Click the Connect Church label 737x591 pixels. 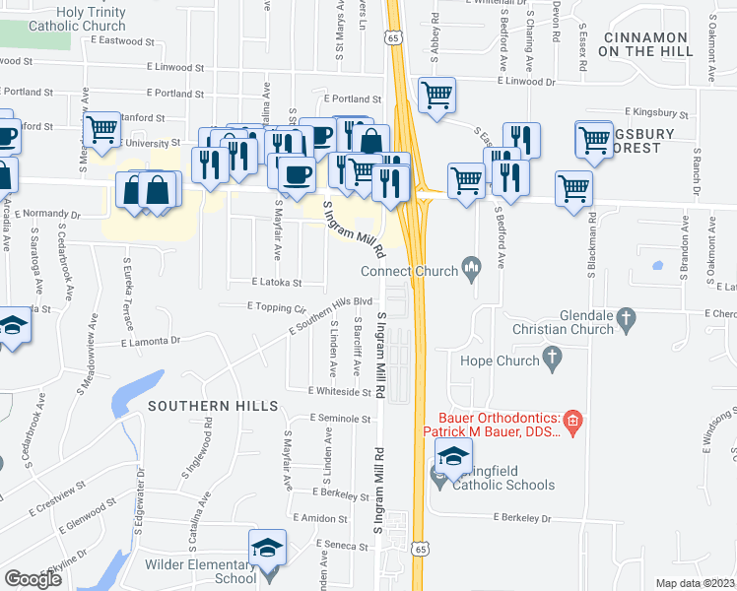pyautogui.click(x=409, y=271)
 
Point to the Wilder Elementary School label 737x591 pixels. pyautogui.click(x=200, y=571)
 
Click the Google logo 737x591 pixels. pyautogui.click(x=33, y=579)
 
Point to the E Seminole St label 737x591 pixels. pyautogui.click(x=339, y=419)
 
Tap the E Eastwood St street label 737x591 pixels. pyautogui.click(x=121, y=42)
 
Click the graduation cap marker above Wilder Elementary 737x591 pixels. pyautogui.click(x=267, y=548)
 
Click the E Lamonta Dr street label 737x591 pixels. pyautogui.click(x=151, y=343)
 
